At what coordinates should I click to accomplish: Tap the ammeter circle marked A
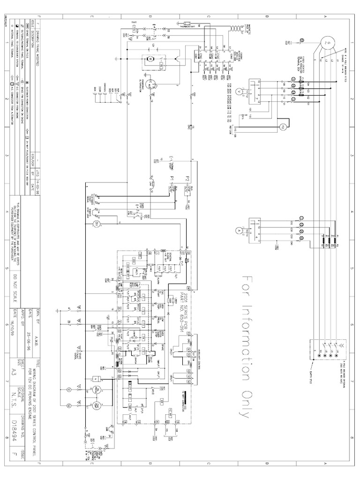pos(238,230)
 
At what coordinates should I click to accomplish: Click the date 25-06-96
pos(43,333)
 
